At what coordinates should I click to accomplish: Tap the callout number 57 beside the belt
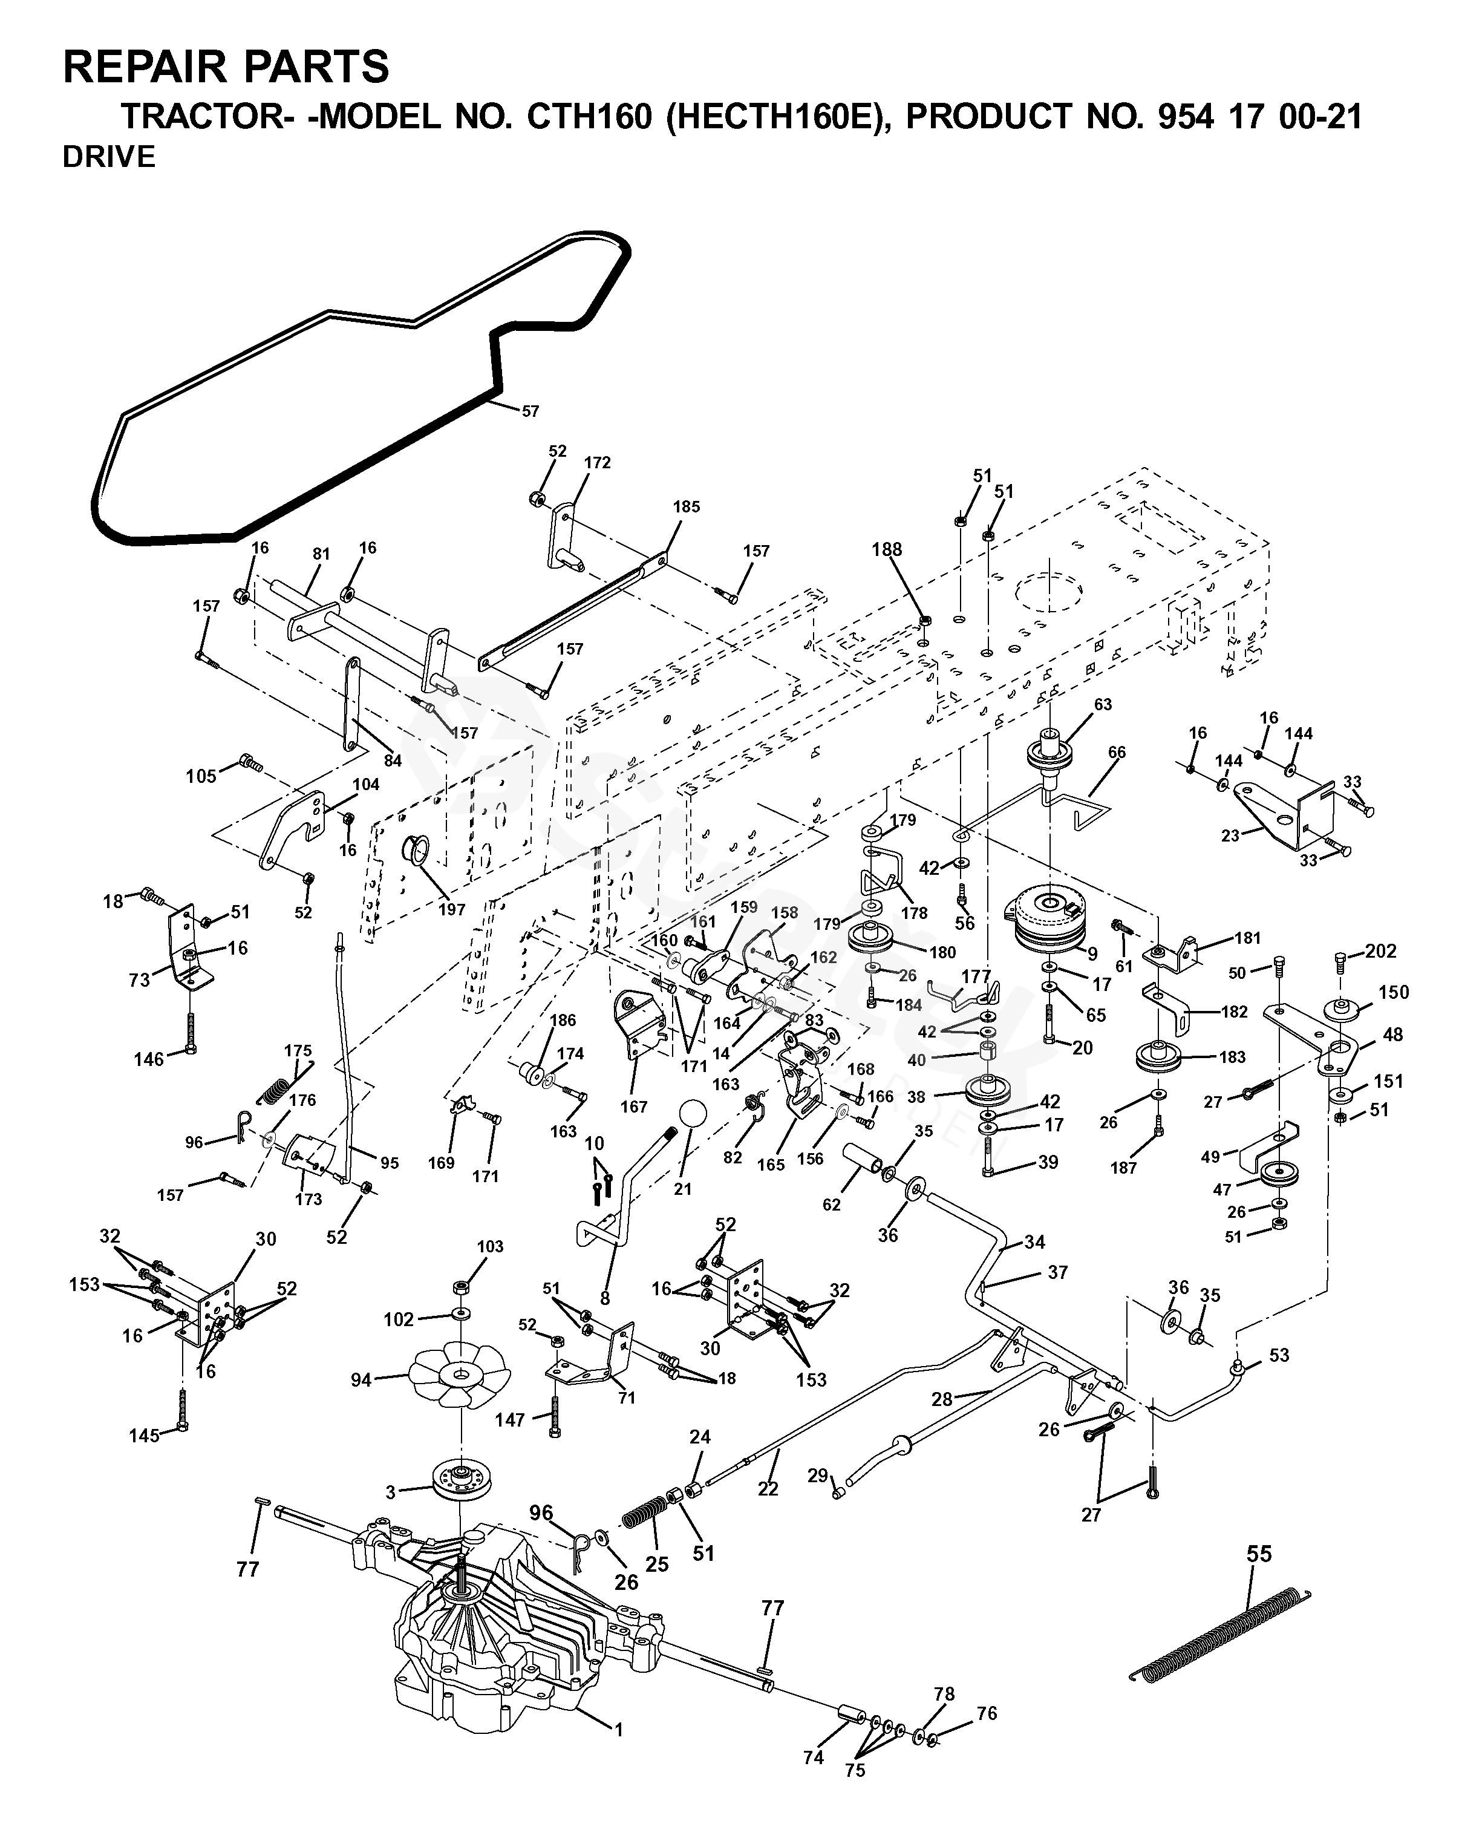coord(530,411)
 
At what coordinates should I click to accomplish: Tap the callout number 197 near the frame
coord(452,910)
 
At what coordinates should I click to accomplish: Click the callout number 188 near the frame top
coord(887,549)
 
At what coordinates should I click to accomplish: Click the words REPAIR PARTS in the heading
coord(226,66)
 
